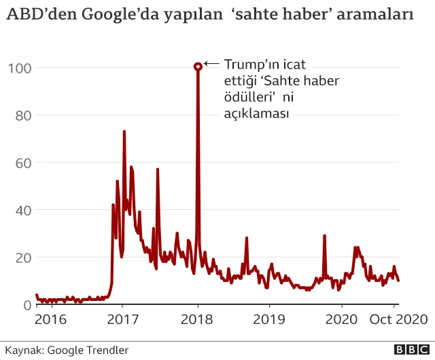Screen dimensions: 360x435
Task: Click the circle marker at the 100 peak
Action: (x=198, y=67)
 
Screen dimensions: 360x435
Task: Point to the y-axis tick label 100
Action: (x=19, y=67)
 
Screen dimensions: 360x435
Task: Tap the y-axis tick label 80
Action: (x=22, y=115)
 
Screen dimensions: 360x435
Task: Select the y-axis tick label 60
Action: (x=22, y=162)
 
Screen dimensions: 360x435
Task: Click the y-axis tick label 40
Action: (x=22, y=210)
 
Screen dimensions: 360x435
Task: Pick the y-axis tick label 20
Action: (x=22, y=257)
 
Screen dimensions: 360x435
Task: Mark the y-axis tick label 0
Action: (x=27, y=305)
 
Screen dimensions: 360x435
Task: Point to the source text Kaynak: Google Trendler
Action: (x=67, y=350)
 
